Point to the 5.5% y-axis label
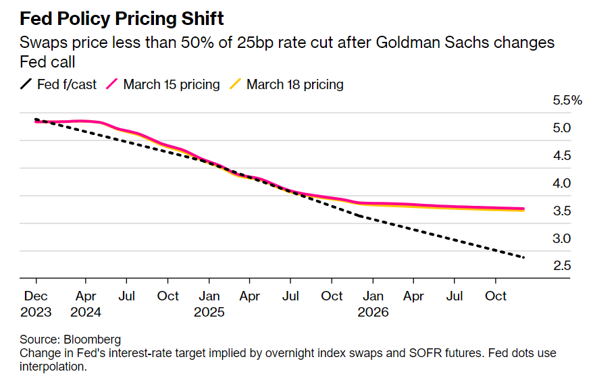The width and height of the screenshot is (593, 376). [567, 101]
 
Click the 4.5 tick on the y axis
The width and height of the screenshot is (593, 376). [562, 156]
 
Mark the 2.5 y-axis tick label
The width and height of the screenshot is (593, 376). [562, 266]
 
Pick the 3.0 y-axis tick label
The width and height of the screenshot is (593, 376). [562, 238]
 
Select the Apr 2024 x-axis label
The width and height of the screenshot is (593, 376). [85, 304]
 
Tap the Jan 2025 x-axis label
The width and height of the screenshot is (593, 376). [209, 304]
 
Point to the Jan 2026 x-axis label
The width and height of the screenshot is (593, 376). [373, 304]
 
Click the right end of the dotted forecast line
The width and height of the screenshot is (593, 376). [524, 257]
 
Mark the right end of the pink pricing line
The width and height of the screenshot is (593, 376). [524, 209]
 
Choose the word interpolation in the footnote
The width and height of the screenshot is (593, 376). [53, 367]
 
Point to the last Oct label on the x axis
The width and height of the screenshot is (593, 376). [496, 296]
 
